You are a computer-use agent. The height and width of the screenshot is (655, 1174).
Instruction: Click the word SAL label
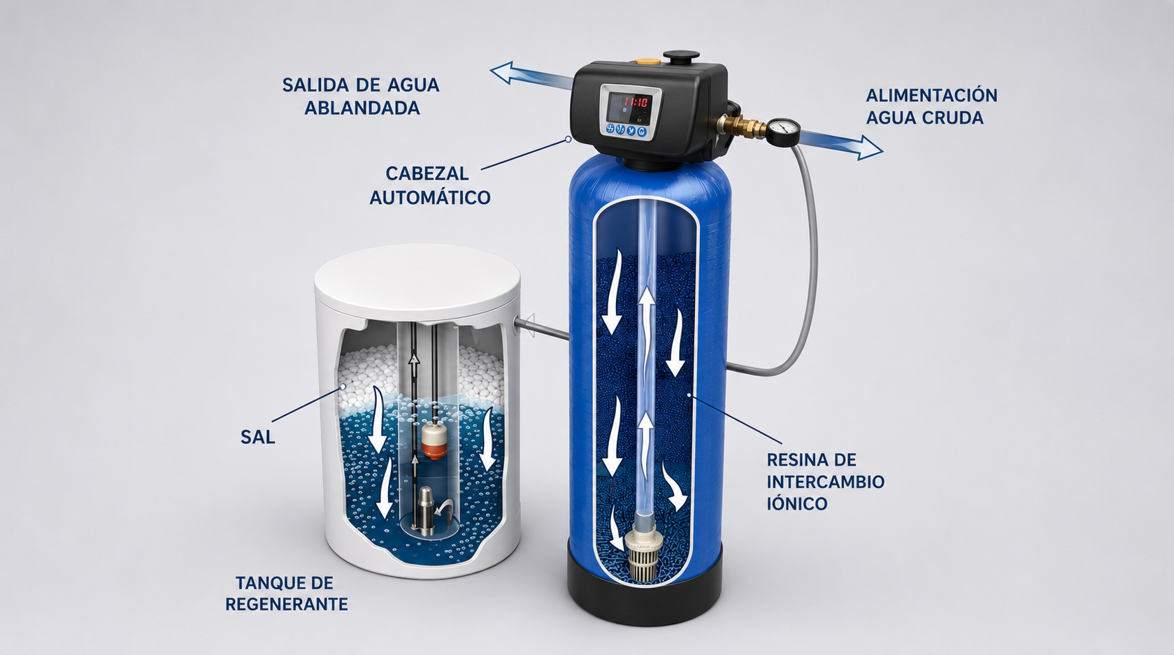258,437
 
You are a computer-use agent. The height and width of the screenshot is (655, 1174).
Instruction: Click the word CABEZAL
427,173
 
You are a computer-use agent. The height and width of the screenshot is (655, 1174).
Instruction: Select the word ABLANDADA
362,108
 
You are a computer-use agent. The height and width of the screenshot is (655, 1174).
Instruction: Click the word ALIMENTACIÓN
931,95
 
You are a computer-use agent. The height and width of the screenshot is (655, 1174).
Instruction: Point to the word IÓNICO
797,503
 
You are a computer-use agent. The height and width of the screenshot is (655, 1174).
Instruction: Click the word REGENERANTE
287,604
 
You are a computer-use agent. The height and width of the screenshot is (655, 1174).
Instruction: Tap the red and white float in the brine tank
434,440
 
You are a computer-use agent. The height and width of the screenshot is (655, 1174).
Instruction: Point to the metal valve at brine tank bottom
426,511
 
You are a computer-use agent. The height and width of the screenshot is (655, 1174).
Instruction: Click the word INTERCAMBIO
826,482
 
